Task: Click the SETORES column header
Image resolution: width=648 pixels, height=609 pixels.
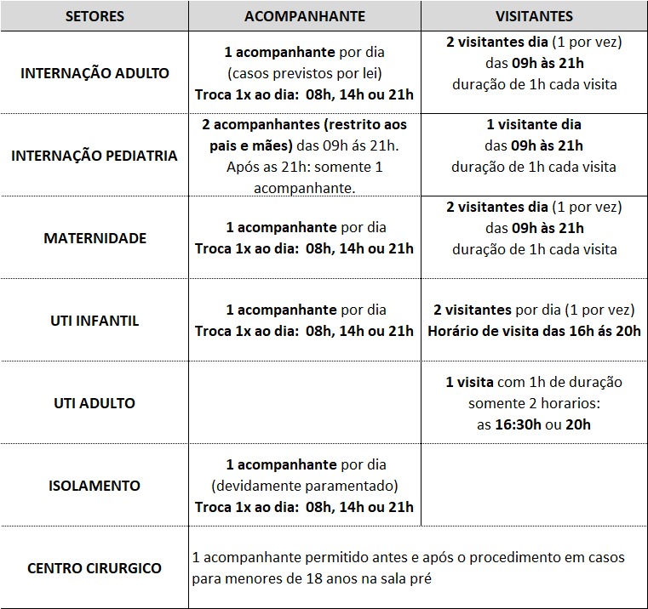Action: pos(95,16)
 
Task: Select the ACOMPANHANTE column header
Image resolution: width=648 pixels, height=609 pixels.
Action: pos(304,16)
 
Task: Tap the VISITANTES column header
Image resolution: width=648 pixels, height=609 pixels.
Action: pos(534,16)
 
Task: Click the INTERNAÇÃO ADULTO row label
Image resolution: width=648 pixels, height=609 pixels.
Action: pos(95,72)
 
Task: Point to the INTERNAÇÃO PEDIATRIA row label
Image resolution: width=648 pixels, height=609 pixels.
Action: pos(95,156)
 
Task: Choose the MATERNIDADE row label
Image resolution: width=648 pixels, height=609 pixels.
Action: pos(95,238)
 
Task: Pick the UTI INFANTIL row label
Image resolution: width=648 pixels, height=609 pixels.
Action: pos(95,321)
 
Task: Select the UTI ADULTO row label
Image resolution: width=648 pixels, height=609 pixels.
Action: pos(95,403)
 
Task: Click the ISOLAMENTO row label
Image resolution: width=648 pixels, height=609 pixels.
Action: pos(95,486)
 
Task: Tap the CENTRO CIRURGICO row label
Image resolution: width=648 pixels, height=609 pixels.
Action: pos(95,567)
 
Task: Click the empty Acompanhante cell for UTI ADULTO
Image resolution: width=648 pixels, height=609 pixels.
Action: pos(304,403)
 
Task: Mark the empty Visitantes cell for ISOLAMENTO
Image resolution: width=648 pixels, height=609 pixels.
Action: pos(534,486)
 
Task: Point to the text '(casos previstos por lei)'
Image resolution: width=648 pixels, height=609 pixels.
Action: pos(304,72)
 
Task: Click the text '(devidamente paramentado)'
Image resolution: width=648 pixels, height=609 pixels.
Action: pos(304,486)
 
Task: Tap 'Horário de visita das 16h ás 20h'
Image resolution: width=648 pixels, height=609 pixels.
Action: pos(534,331)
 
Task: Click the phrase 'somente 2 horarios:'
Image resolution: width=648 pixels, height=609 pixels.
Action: pos(534,403)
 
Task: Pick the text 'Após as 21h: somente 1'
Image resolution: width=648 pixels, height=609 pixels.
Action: pos(304,167)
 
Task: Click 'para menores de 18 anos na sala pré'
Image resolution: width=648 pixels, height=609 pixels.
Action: pos(313,578)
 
